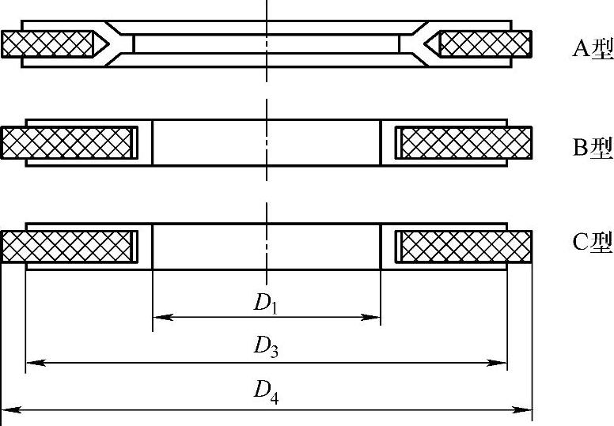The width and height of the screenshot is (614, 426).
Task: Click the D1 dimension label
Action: coord(265,303)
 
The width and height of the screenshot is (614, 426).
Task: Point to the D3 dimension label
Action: coord(265,346)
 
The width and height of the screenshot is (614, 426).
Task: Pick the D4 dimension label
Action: coord(265,391)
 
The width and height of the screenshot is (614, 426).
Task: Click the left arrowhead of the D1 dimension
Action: coord(158,318)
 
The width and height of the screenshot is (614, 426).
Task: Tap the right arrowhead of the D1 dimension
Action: coord(374,318)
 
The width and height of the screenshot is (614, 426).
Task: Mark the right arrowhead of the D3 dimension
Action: coord(501,363)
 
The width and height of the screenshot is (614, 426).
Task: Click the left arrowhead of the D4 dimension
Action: coord(7,409)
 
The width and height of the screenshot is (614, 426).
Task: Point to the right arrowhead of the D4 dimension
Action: coord(525,409)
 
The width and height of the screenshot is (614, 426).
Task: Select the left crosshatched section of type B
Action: coord(66,142)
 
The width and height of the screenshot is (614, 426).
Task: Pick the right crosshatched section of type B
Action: coord(465,142)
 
